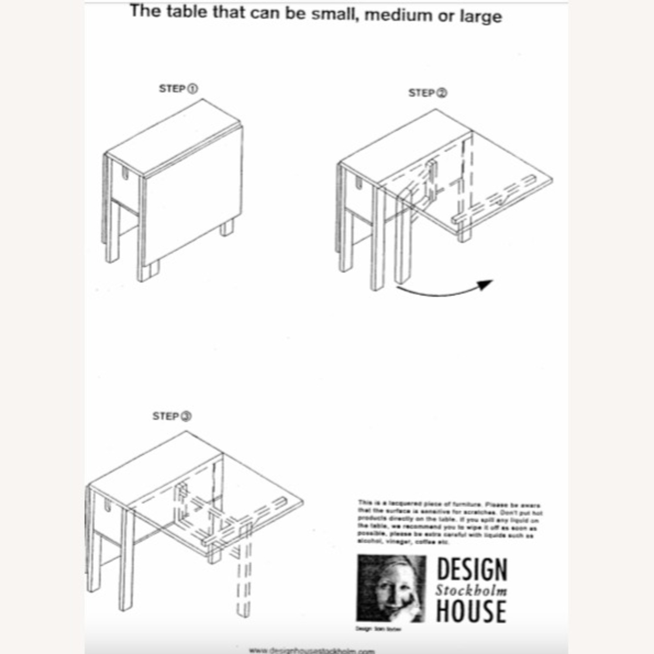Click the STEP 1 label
178,89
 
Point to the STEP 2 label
427,93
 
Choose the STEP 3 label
172,416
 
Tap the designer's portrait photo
391,588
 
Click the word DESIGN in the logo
472,569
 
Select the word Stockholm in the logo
471,591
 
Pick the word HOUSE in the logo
471,611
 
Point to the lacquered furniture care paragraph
449,522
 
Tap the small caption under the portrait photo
378,629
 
